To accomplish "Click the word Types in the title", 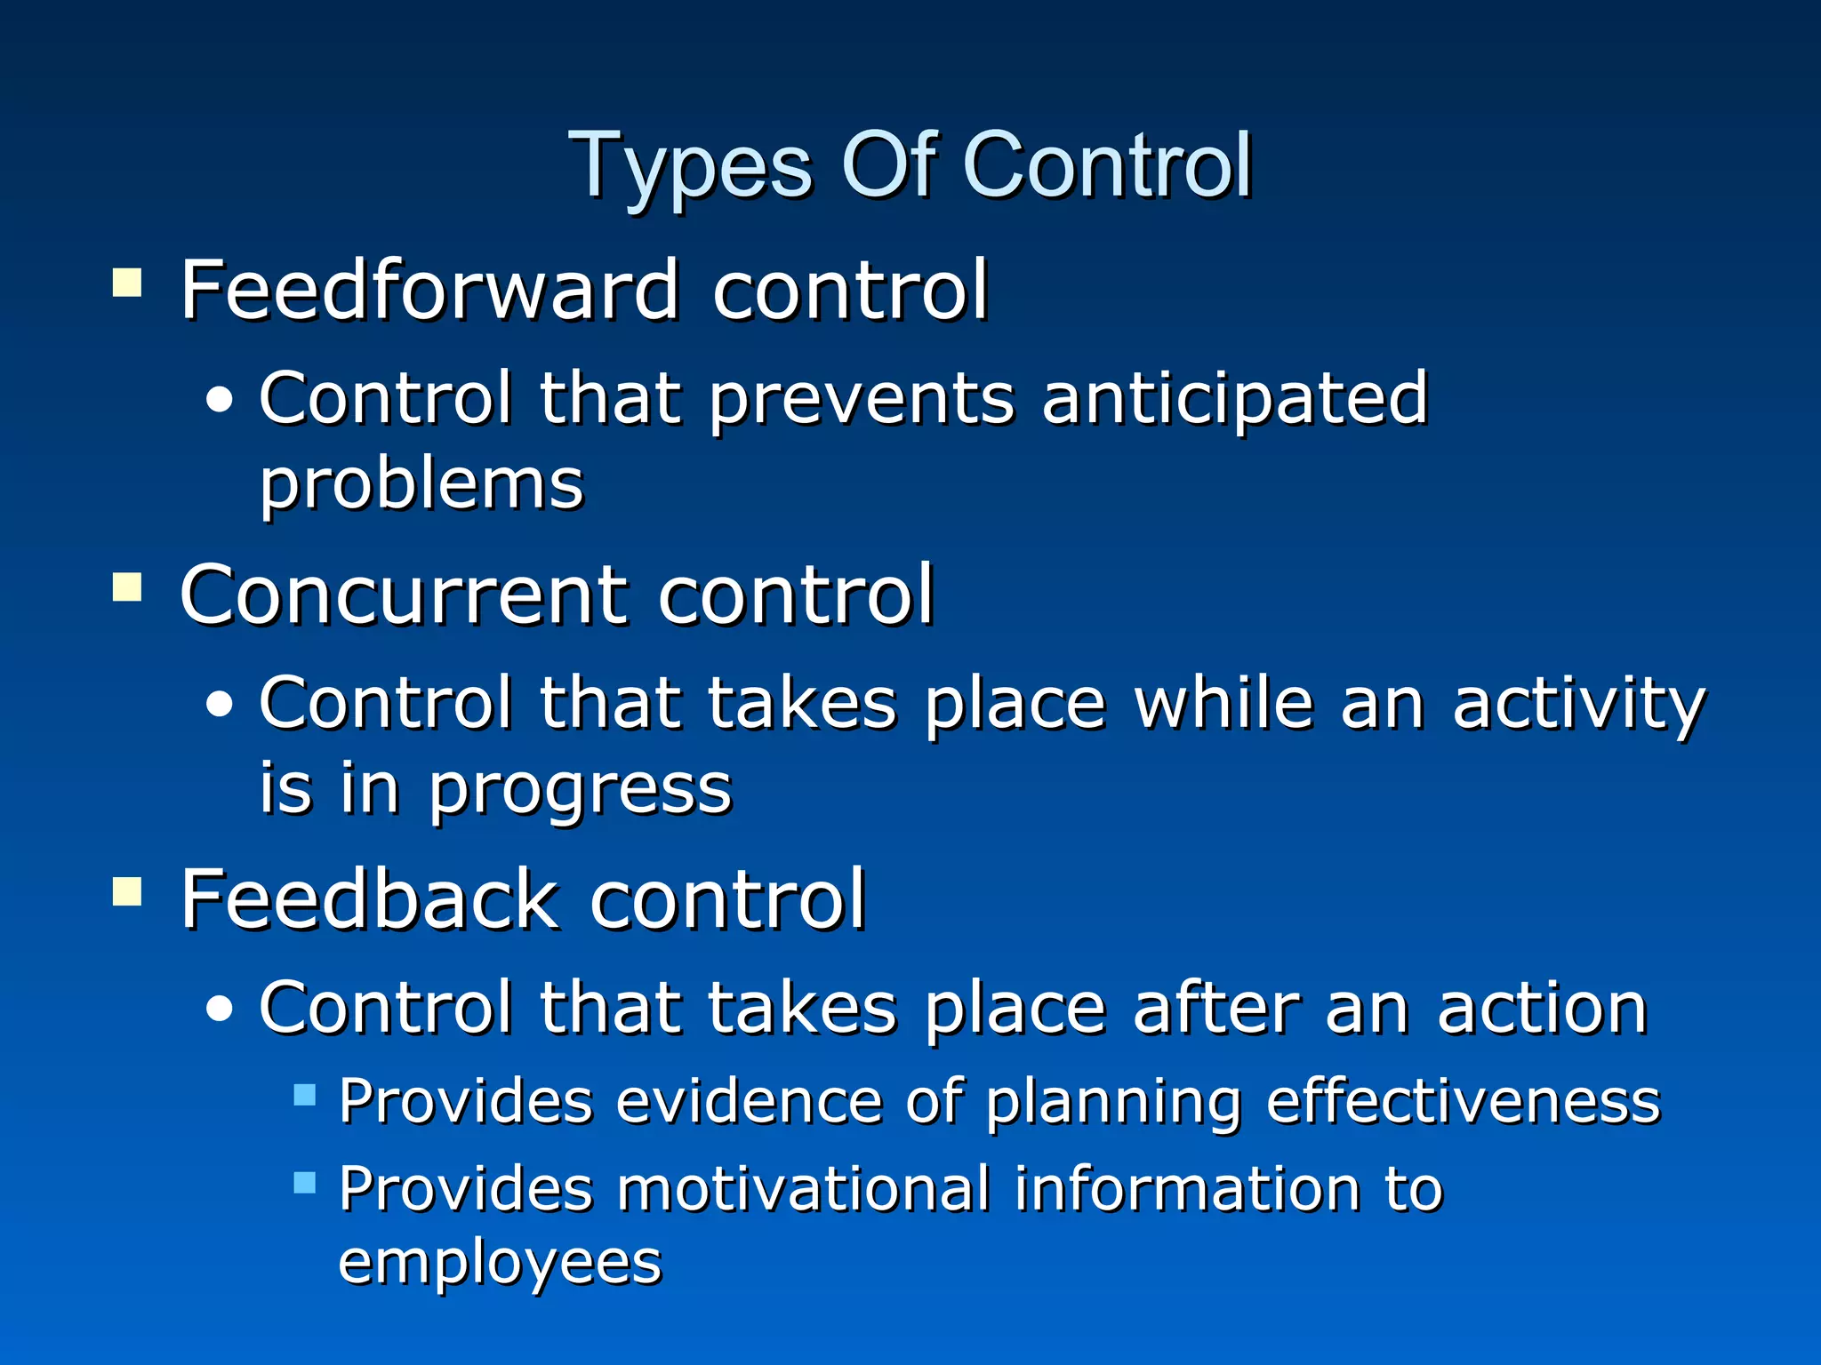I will (x=690, y=167).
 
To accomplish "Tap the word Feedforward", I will (x=429, y=290).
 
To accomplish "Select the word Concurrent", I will (x=404, y=595).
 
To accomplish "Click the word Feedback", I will (x=369, y=899).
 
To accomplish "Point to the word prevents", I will (x=861, y=399).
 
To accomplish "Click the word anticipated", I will (x=1234, y=399).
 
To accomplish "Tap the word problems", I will (x=421, y=485).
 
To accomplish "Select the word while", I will (x=1223, y=703).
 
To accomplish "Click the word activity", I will (x=1578, y=703).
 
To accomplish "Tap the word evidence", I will (x=747, y=1101).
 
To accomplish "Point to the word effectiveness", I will (x=1464, y=1101).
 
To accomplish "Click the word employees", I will (x=500, y=1263).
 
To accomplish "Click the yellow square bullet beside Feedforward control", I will (x=127, y=283).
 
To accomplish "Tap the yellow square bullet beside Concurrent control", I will (x=127, y=587).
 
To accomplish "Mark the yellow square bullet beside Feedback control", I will (x=127, y=891).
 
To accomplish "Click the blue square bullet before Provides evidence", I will (x=305, y=1094).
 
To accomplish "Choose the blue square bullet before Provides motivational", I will (x=305, y=1182).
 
